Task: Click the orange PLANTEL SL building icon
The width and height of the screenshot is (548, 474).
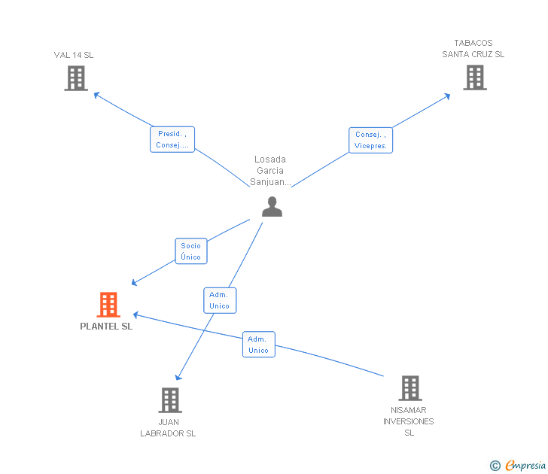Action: pyautogui.click(x=108, y=304)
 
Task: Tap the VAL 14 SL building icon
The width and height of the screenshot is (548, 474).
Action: pyautogui.click(x=76, y=78)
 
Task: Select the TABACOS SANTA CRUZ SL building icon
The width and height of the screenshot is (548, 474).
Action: pyautogui.click(x=475, y=77)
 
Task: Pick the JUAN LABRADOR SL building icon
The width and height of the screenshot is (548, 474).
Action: pyautogui.click(x=170, y=400)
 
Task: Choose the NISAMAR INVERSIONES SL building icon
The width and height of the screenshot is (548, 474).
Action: pyautogui.click(x=410, y=388)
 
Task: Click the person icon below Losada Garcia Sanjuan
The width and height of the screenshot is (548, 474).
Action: pyautogui.click(x=272, y=206)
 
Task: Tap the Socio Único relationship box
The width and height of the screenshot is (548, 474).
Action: pyautogui.click(x=191, y=251)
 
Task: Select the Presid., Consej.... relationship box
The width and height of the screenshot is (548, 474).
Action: pyautogui.click(x=172, y=139)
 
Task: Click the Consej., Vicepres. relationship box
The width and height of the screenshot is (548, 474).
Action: pyautogui.click(x=370, y=140)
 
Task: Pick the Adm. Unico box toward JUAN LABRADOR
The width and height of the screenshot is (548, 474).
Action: pyautogui.click(x=220, y=300)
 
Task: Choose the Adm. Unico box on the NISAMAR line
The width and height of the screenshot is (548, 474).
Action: pyautogui.click(x=259, y=345)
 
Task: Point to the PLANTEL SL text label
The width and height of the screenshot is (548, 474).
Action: pyautogui.click(x=106, y=327)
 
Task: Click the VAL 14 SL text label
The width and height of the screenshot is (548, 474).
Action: pyautogui.click(x=74, y=55)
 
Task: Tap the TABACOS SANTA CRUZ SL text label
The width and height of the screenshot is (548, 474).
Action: pyautogui.click(x=473, y=49)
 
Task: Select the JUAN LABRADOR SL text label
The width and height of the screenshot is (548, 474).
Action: pyautogui.click(x=168, y=427)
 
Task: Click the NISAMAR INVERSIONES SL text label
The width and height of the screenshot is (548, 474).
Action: pyautogui.click(x=409, y=421)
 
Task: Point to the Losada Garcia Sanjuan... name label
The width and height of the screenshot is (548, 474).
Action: pyautogui.click(x=270, y=171)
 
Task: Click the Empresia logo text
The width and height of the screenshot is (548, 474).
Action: pyautogui.click(x=525, y=465)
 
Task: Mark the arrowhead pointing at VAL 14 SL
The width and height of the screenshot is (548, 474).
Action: pyautogui.click(x=96, y=94)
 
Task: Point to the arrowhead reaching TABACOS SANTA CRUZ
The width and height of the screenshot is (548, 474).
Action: pyautogui.click(x=447, y=96)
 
